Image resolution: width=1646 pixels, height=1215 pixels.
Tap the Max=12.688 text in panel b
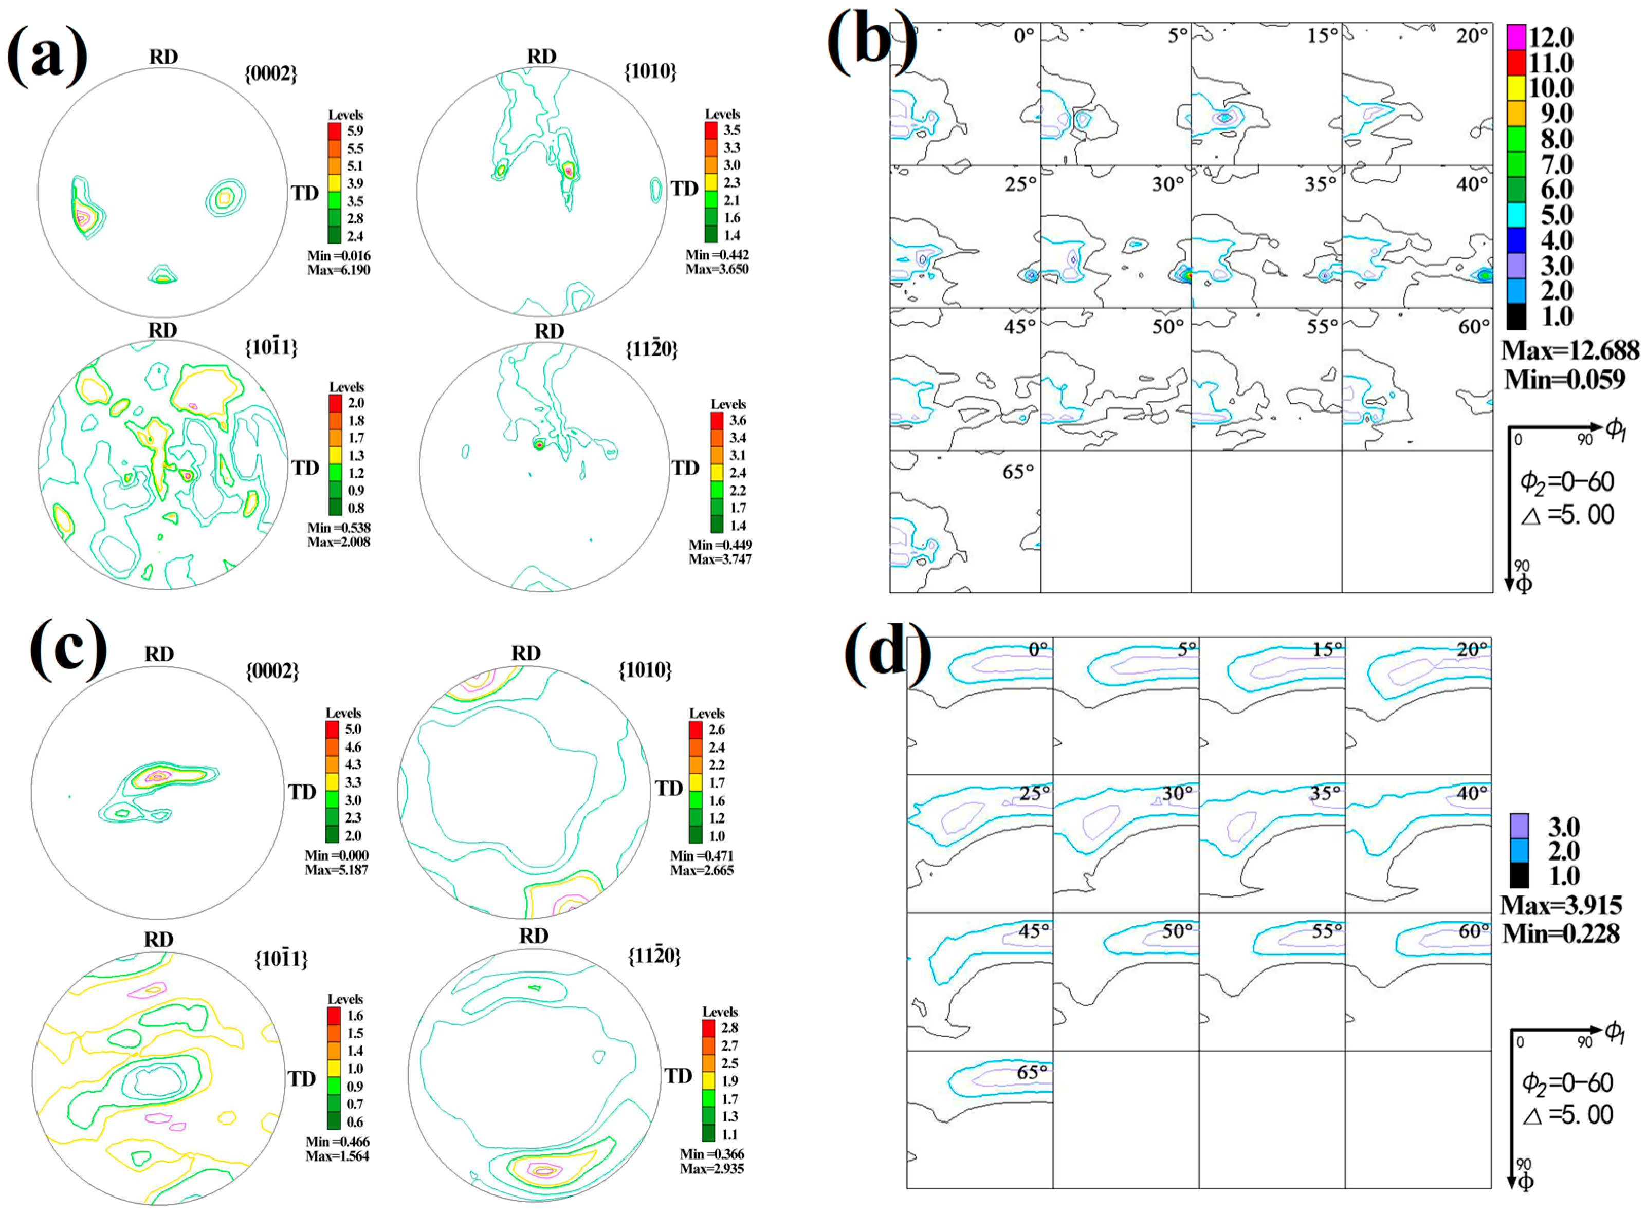pyautogui.click(x=1569, y=349)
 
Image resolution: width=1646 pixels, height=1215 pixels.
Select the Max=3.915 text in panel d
pyautogui.click(x=1561, y=905)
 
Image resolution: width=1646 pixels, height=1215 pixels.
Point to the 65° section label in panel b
pyautogui.click(x=1018, y=472)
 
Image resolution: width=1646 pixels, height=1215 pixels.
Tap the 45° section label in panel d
pyautogui.click(x=1034, y=931)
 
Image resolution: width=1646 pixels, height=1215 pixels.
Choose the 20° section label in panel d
pyautogui.click(x=1472, y=650)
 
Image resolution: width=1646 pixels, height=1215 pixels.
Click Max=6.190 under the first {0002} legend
pyautogui.click(x=338, y=270)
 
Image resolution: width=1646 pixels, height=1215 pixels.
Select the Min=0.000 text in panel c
pyautogui.click(x=336, y=855)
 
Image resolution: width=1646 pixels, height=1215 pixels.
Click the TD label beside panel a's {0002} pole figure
pyautogui.click(x=305, y=193)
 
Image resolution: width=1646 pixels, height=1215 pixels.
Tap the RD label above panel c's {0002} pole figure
pyautogui.click(x=159, y=654)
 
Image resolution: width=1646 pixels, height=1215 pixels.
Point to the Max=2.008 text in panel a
pyautogui.click(x=338, y=542)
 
